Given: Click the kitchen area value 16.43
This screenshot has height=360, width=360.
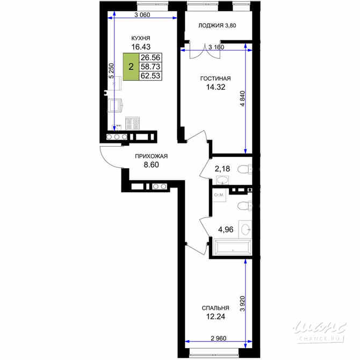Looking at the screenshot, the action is point(141,47).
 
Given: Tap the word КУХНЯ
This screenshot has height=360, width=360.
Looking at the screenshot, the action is point(141,38).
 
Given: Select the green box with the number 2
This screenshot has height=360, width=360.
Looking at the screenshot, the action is point(131,67).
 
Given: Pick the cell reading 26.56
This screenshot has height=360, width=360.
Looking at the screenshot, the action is point(150,57).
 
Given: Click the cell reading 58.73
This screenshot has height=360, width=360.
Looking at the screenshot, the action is point(150,67).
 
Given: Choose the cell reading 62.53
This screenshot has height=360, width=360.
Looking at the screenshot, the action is point(150,76).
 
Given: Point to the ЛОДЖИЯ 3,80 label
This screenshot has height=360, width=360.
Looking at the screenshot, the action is point(217,25).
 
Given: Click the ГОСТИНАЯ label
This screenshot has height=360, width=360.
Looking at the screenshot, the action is point(215,78).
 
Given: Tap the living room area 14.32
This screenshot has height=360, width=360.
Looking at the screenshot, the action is point(215,87).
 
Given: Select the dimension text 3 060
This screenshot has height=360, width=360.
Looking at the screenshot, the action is point(142,15).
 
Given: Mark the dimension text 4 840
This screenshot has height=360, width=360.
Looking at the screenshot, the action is point(242,99).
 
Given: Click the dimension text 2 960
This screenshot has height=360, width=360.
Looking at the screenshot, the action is point(219,339).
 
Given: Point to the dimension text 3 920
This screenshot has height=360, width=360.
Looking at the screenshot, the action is point(242,304).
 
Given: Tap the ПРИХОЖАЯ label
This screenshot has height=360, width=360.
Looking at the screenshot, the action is point(152,156).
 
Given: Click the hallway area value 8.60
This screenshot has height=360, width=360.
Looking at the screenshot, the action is point(152,165).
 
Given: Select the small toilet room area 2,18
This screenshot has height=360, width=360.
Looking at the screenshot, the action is point(222,169).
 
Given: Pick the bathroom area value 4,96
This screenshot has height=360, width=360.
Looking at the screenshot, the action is point(226,229).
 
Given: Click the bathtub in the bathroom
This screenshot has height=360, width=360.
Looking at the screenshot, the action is point(232,247).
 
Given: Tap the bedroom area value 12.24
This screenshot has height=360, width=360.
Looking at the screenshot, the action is point(215,317).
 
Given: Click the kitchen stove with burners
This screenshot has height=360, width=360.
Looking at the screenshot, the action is point(133,123).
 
